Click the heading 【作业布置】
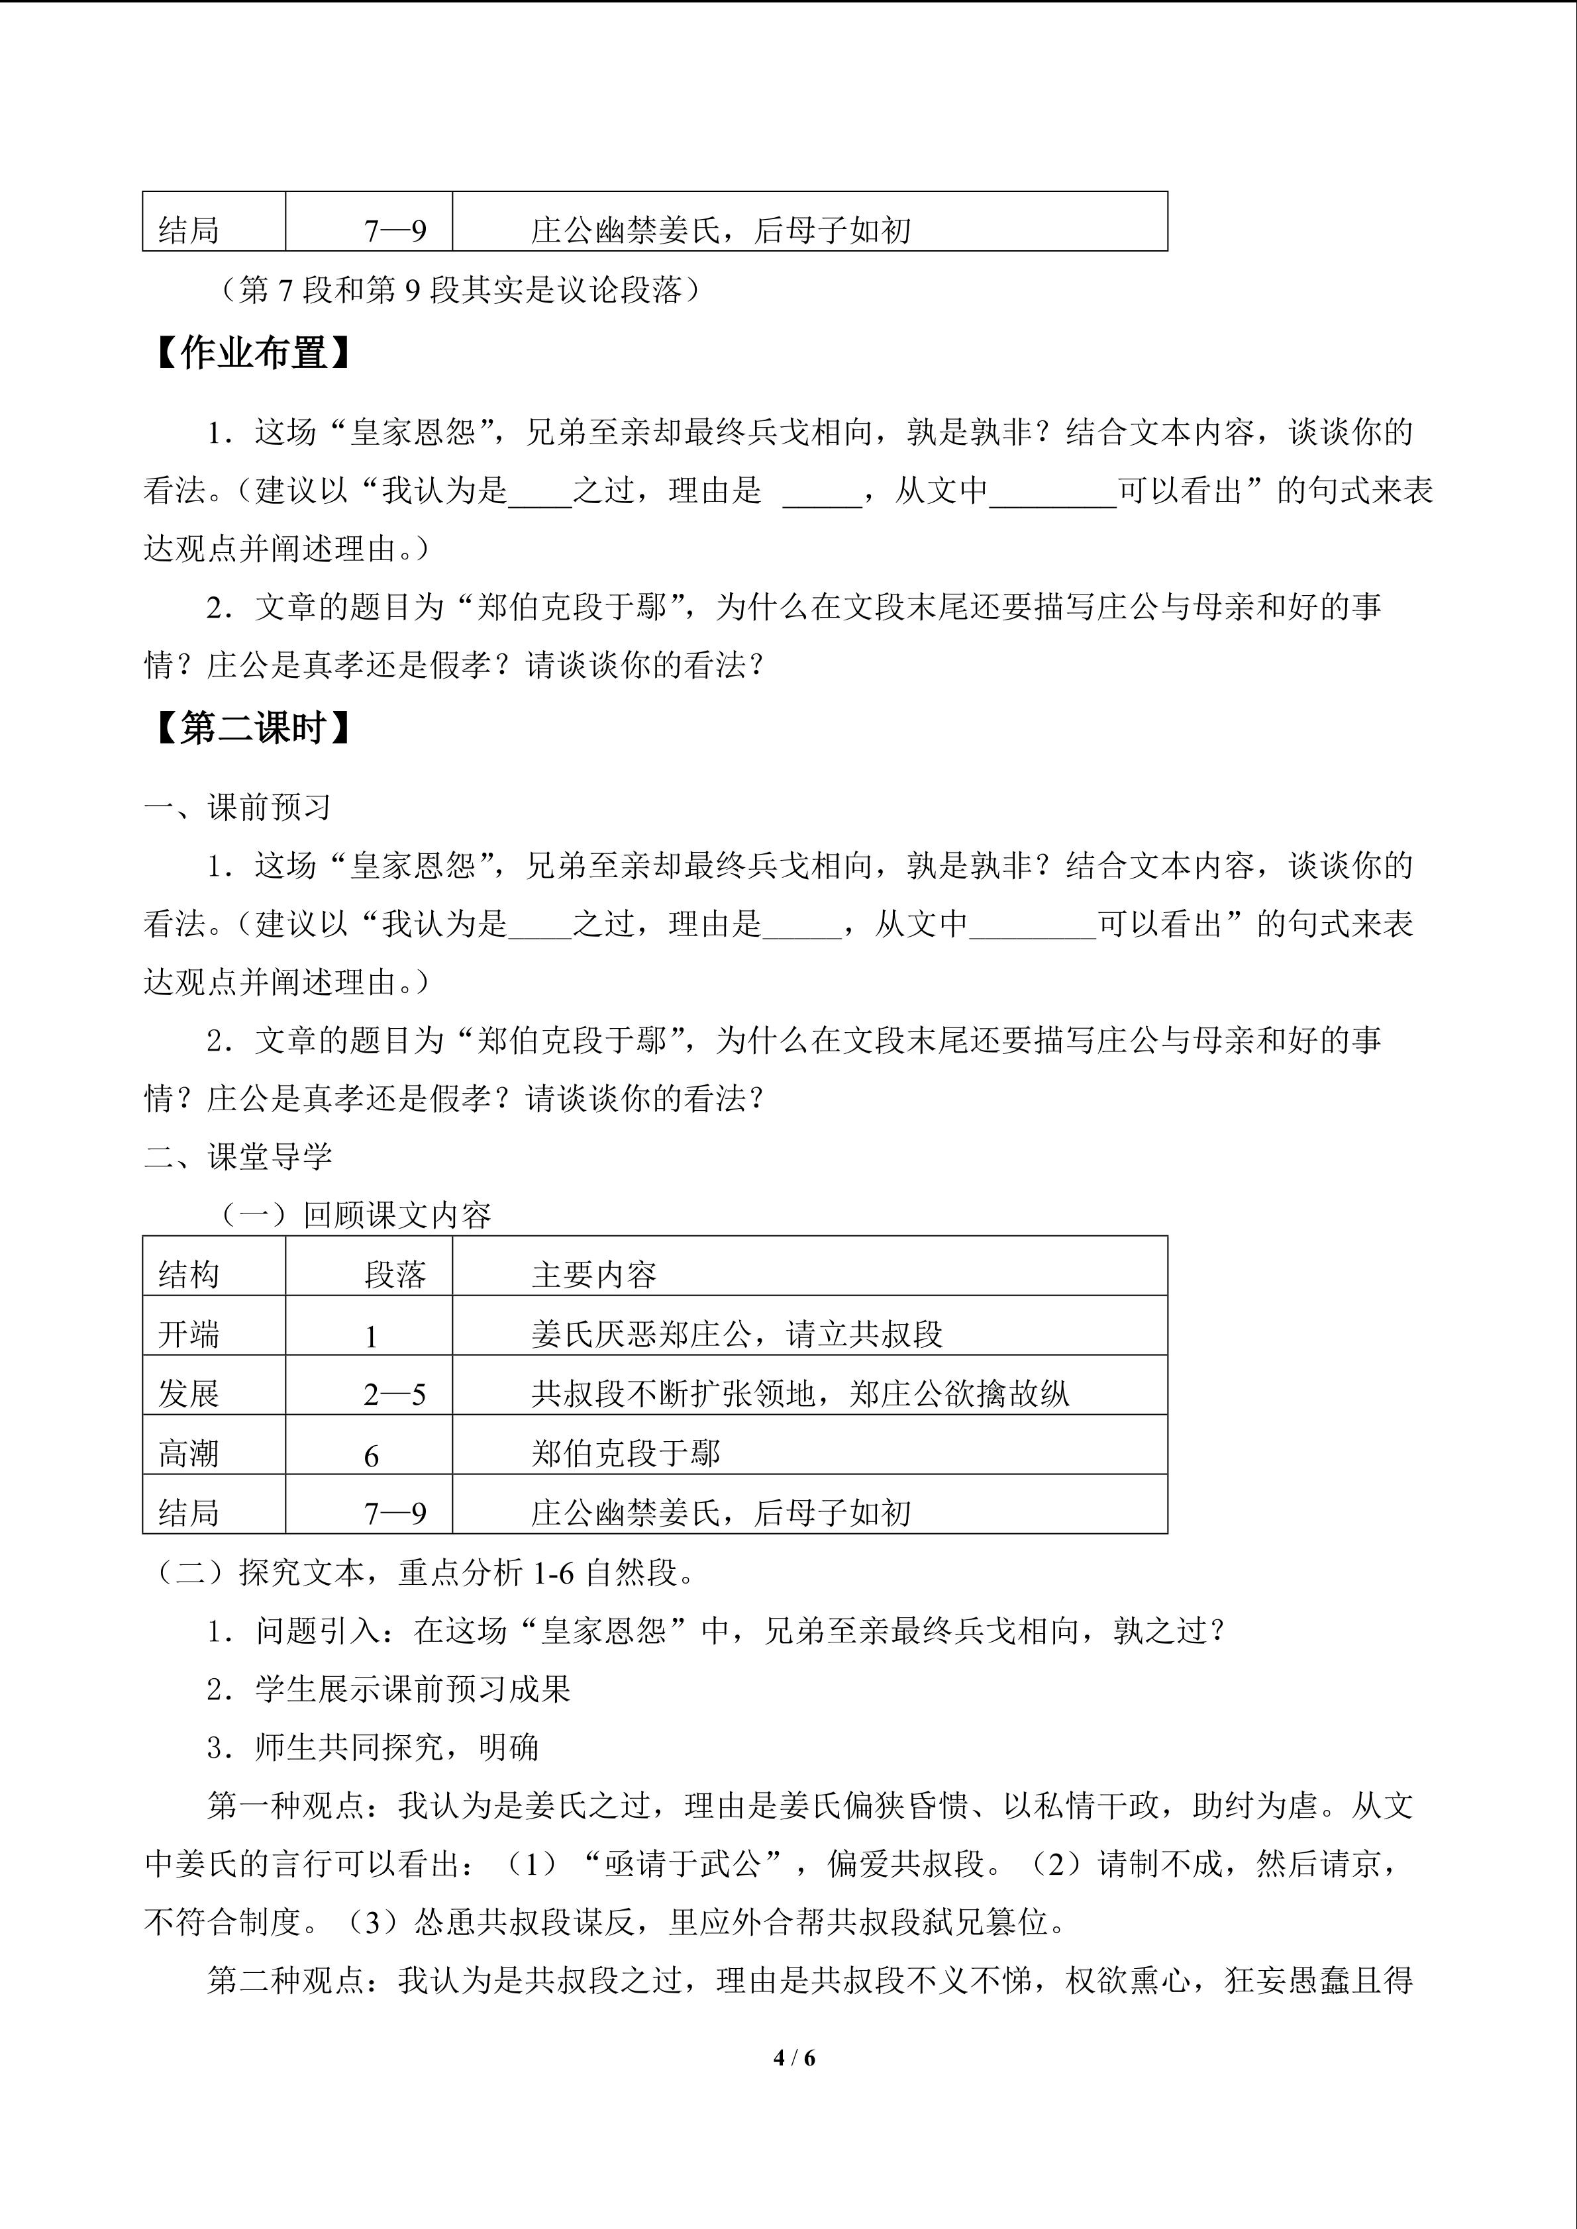250,354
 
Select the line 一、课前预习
238,807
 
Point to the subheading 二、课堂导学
238,1157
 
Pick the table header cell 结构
189,1274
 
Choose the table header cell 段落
395,1274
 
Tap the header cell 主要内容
594,1274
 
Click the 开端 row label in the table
189,1335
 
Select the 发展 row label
189,1395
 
